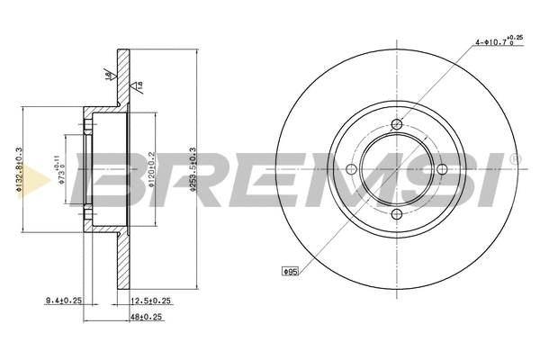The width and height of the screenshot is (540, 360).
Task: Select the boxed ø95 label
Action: pyautogui.click(x=290, y=269)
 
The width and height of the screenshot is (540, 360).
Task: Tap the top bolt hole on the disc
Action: pyautogui.click(x=398, y=124)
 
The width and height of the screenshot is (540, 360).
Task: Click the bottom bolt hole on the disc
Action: pyautogui.click(x=398, y=212)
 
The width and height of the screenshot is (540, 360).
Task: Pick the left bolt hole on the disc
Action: pyautogui.click(x=354, y=168)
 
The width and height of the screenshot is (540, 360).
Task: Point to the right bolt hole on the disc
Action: pyautogui.click(x=442, y=168)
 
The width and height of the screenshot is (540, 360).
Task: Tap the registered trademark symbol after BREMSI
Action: pyautogui.click(x=514, y=158)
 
